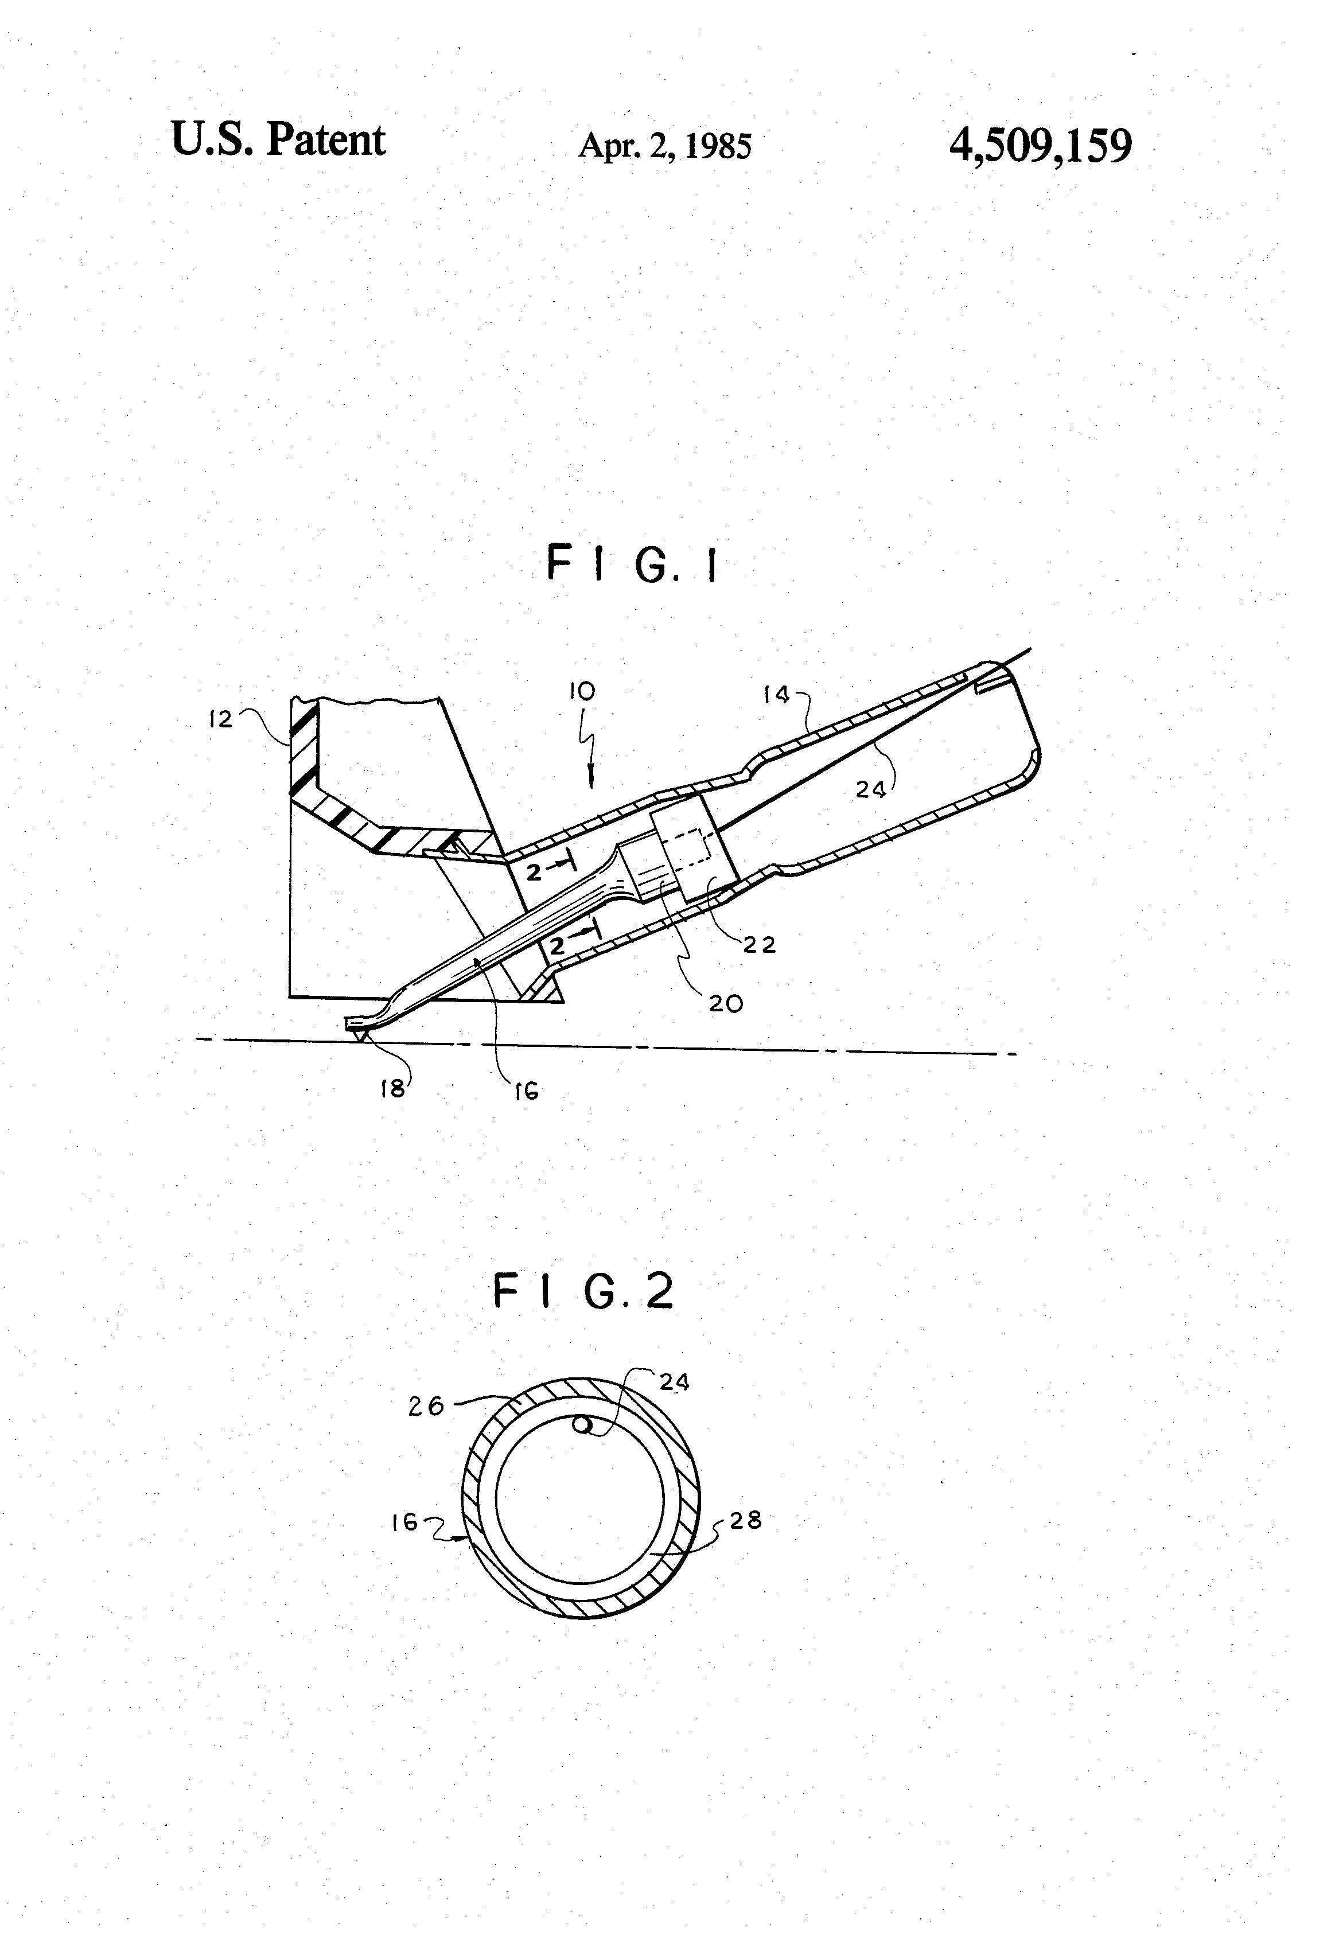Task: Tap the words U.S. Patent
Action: point(278,139)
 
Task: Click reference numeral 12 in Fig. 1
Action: point(220,719)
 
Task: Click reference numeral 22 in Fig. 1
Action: point(759,945)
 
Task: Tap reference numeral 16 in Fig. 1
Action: point(526,1092)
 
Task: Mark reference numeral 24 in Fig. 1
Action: point(871,789)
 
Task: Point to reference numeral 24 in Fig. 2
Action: point(674,1382)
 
